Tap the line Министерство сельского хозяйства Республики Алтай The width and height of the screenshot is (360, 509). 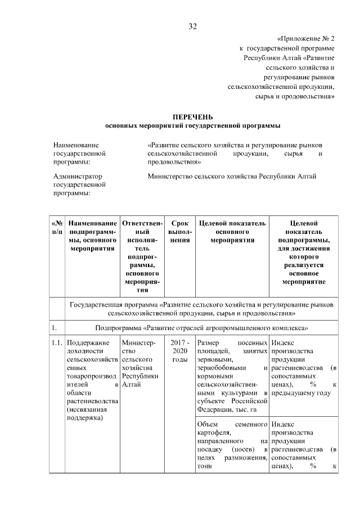232,176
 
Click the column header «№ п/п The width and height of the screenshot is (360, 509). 57,228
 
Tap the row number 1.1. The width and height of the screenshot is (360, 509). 57,343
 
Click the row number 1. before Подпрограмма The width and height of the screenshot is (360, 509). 53,326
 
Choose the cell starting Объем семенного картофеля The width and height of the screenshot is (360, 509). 232,444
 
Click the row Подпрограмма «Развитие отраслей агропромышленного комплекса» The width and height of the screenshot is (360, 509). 200,326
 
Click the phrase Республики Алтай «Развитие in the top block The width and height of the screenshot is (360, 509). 289,58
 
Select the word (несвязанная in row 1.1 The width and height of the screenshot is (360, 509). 84,410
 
